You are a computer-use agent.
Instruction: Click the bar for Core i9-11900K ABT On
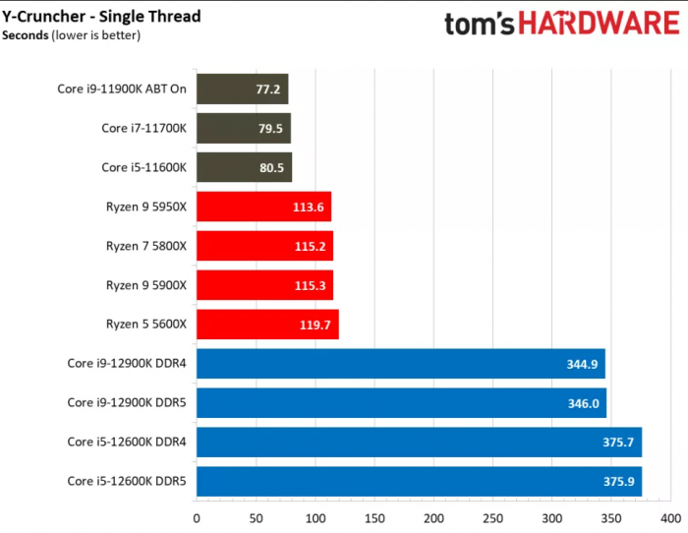242,89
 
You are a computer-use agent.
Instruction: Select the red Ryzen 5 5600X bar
267,325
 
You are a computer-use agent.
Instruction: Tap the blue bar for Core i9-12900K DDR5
401,402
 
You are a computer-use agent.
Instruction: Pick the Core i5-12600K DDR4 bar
419,442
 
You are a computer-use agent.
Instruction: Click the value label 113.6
310,207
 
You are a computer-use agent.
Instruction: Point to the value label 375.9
619,482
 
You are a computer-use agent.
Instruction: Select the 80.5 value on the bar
270,168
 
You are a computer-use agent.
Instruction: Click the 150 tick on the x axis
374,518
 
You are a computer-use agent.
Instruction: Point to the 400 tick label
671,518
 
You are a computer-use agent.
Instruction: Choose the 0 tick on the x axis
197,518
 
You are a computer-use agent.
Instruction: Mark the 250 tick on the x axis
493,518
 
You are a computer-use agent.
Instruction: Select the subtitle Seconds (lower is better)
71,36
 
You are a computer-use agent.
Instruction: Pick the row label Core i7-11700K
143,129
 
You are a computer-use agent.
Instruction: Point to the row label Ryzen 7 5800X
145,246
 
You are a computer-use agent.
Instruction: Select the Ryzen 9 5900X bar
264,285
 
